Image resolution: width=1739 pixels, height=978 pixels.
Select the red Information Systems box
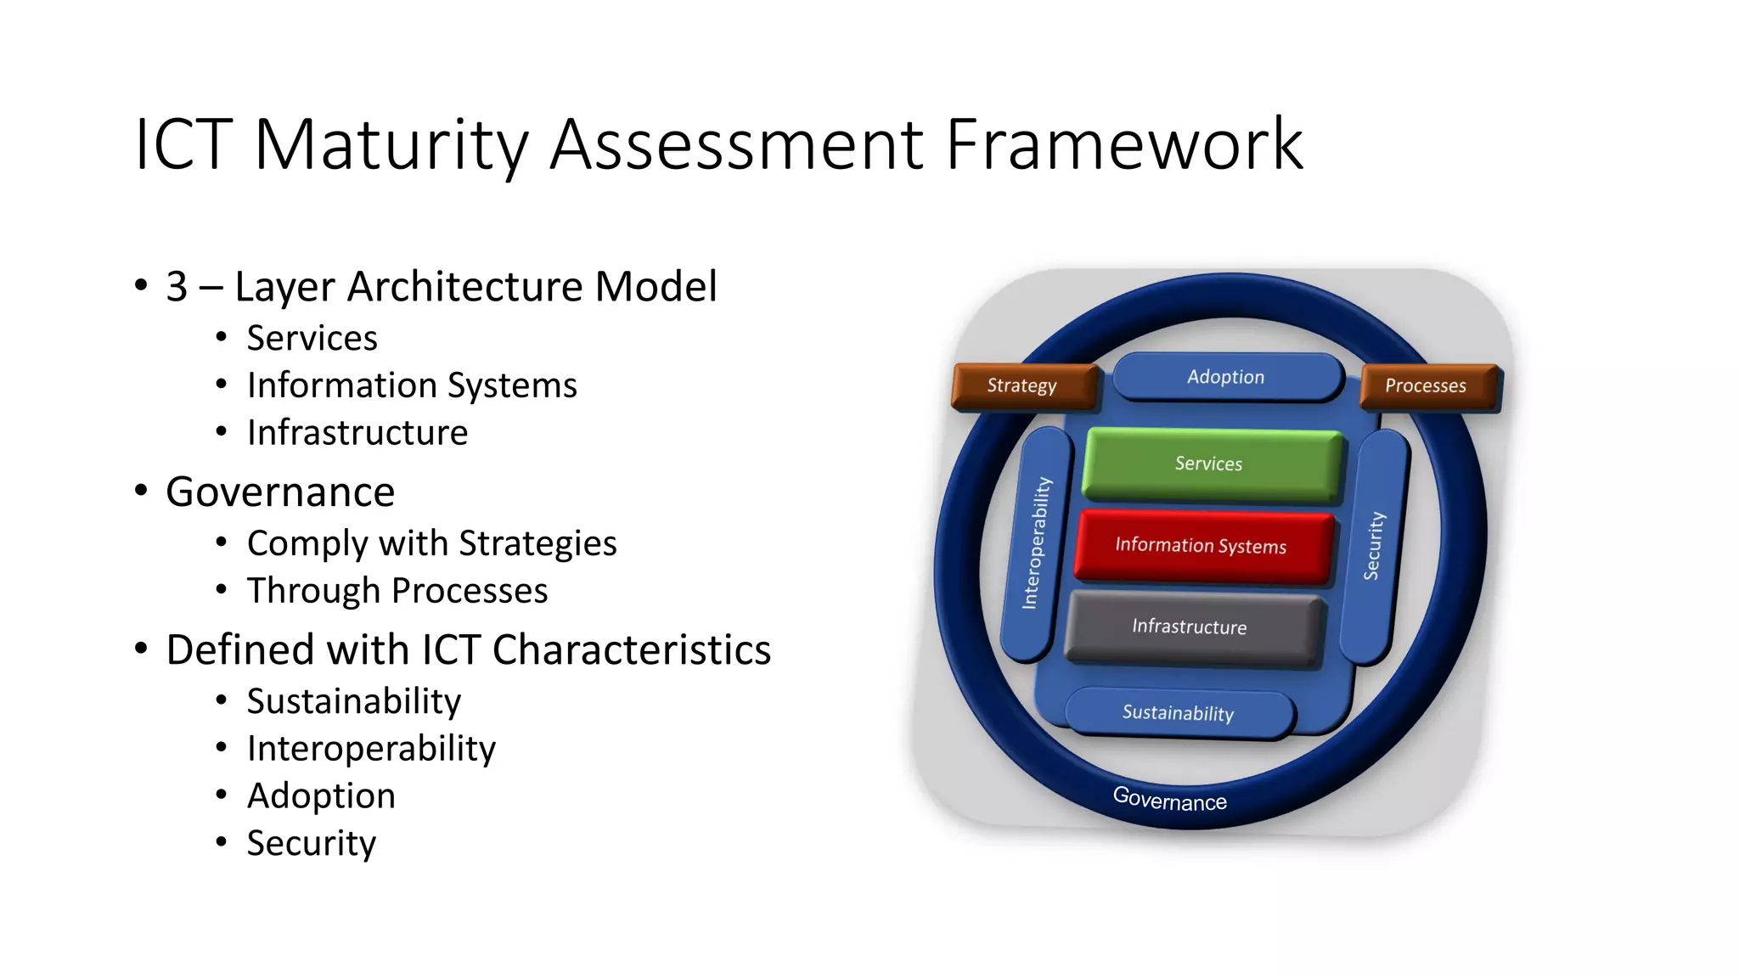coord(1202,545)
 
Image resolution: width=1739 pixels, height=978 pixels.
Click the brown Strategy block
coord(1023,385)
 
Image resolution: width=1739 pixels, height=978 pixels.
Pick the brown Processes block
coord(1427,385)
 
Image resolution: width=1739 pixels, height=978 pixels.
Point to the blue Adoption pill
coord(1226,377)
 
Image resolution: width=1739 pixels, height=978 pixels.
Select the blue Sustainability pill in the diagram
coord(1179,712)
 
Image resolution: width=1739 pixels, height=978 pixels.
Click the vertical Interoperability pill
coord(1037,543)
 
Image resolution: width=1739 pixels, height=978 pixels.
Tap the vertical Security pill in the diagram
coord(1373,545)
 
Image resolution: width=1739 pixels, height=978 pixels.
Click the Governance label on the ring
coord(1170,799)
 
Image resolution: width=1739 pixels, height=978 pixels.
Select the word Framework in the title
coord(1124,146)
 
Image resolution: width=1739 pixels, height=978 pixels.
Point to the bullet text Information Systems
coord(412,385)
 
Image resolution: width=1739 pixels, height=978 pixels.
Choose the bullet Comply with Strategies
coord(431,543)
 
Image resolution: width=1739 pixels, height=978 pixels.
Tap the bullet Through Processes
coord(397,591)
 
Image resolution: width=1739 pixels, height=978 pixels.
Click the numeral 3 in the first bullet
coord(177,287)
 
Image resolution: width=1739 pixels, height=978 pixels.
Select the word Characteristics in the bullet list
coord(631,650)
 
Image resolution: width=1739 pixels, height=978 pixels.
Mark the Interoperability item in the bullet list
coord(371,749)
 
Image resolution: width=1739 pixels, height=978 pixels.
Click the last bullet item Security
coord(311,844)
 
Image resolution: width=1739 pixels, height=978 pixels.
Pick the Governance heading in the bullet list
coord(280,492)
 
